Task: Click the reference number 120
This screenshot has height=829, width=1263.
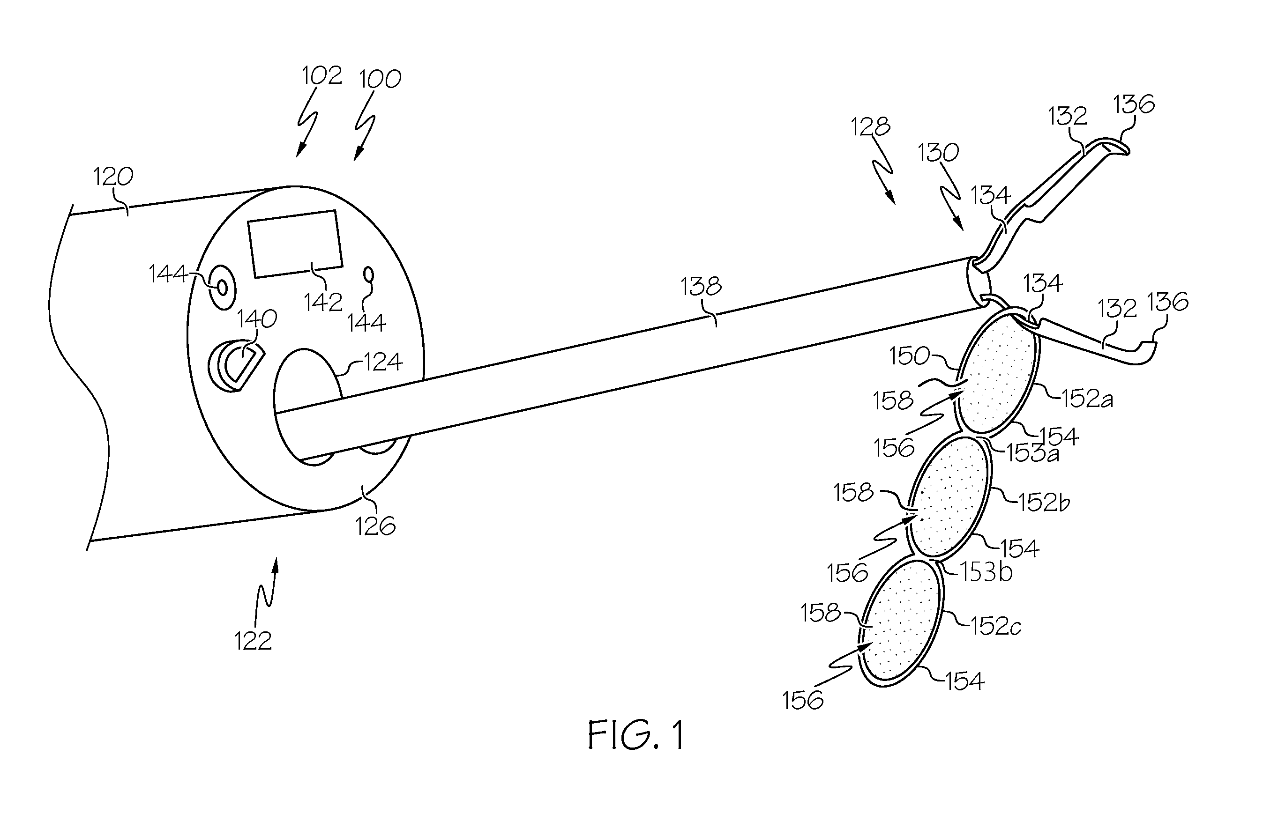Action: [x=113, y=176]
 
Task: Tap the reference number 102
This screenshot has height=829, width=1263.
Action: [x=322, y=76]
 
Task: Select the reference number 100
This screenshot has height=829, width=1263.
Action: [x=380, y=79]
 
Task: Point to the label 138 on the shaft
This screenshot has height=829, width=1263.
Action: [x=701, y=287]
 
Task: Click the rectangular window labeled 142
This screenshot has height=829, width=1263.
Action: [x=296, y=244]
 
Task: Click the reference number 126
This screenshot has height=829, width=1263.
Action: [x=375, y=526]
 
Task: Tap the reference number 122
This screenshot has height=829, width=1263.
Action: [x=253, y=641]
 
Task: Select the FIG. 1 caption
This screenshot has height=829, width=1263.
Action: [x=636, y=735]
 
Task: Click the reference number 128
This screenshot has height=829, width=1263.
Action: [x=870, y=127]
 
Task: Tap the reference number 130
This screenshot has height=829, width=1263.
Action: [x=938, y=153]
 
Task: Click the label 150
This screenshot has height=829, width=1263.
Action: [x=910, y=356]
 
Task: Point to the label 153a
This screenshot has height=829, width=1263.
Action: [x=1033, y=454]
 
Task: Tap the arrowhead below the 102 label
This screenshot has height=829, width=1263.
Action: [x=300, y=151]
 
